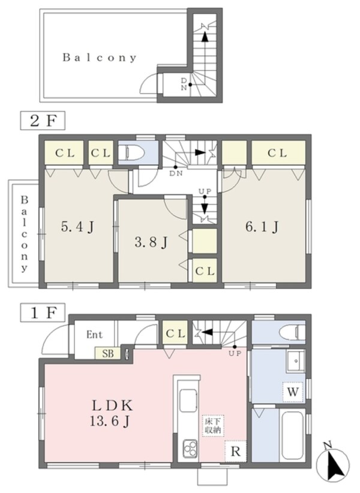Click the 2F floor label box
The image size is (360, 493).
tap(43, 120)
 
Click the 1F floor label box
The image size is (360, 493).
tap(43, 312)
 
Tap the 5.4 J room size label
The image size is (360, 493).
tap(77, 227)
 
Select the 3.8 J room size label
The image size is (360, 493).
tap(151, 242)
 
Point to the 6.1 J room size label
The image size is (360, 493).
tap(262, 226)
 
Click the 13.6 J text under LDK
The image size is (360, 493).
tap(109, 421)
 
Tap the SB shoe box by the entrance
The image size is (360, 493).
tap(108, 353)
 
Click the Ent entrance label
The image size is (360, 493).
tap(94, 335)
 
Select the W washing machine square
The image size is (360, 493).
tap(293, 392)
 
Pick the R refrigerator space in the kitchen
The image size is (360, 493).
tap(235, 451)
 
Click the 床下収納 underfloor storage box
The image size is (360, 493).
tap(212, 425)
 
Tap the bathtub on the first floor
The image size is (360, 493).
tap(292, 435)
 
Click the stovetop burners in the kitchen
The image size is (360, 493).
tap(190, 448)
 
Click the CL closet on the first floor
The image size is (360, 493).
tap(175, 332)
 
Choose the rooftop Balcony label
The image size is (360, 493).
tap(100, 58)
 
